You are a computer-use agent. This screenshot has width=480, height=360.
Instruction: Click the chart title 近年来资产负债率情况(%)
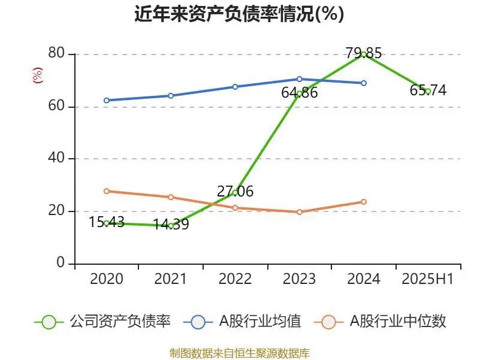coord(240,14)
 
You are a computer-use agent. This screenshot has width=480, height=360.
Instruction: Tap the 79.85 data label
coord(363,53)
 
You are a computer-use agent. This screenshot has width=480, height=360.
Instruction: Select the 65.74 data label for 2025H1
coord(428,90)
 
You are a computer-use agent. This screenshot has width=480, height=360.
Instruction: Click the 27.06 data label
coord(235,192)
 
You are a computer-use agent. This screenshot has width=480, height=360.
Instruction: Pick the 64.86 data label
coord(299,93)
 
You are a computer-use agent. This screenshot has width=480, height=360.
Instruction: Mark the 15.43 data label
coord(106,222)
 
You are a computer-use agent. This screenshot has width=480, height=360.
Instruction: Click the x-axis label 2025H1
coord(428,279)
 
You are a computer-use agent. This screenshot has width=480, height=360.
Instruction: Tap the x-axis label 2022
coord(235,279)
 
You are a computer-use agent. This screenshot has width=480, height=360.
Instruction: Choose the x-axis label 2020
coord(106,279)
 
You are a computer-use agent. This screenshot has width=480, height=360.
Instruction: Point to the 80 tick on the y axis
coord(56,54)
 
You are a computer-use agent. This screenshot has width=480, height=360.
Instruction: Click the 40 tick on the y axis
coord(56,159)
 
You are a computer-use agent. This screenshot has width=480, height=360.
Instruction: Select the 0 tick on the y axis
coord(61,264)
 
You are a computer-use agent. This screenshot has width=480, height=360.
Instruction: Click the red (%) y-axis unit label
coord(38,75)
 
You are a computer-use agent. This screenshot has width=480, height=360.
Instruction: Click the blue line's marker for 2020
coord(106,100)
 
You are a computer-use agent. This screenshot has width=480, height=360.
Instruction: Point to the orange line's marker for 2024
coord(363,202)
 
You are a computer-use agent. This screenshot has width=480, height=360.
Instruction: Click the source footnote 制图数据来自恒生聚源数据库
coord(240,353)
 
